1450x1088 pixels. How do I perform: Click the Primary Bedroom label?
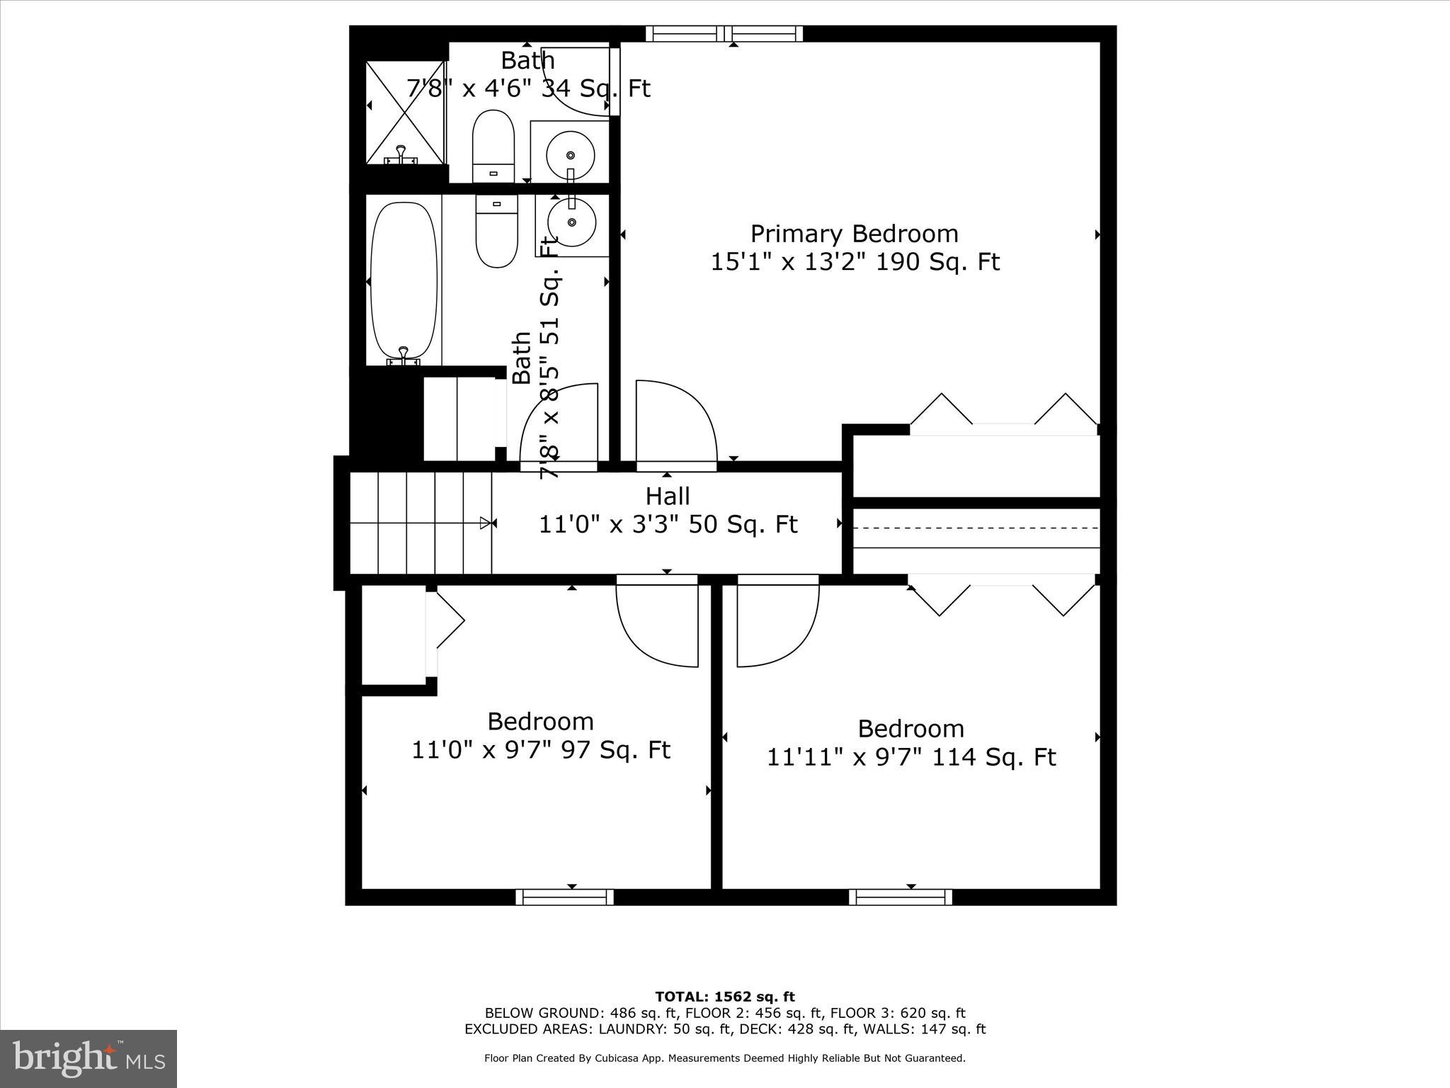coord(854,234)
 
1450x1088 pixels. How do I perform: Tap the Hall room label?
coord(668,496)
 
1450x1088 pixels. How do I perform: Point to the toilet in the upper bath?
coord(493,146)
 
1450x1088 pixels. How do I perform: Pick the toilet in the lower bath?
coord(496,231)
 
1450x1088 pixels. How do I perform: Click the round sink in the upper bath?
coord(570,155)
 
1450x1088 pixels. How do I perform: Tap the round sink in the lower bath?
coord(570,222)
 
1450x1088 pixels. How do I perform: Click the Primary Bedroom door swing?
coord(675,425)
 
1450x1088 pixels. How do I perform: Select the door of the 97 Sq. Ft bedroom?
coord(658,621)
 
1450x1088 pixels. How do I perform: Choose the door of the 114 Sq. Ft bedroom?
coord(777,621)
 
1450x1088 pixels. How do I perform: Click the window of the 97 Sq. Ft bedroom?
coord(564,897)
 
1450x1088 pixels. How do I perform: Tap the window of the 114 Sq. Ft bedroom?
coord(900,897)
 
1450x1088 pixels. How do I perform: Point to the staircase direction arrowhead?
coord(485,523)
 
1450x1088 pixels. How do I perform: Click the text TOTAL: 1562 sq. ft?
coord(725,997)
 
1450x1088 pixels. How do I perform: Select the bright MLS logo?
coord(89,1058)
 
